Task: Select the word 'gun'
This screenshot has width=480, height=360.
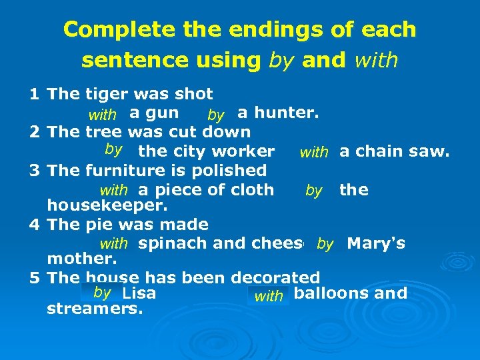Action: (163, 113)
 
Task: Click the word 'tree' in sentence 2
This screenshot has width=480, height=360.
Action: (105, 132)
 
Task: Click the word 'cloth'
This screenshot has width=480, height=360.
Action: (251, 190)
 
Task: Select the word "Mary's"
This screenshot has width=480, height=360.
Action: (376, 243)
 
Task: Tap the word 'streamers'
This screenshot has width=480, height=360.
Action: (95, 309)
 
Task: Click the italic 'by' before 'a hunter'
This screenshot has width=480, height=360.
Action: (216, 116)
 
